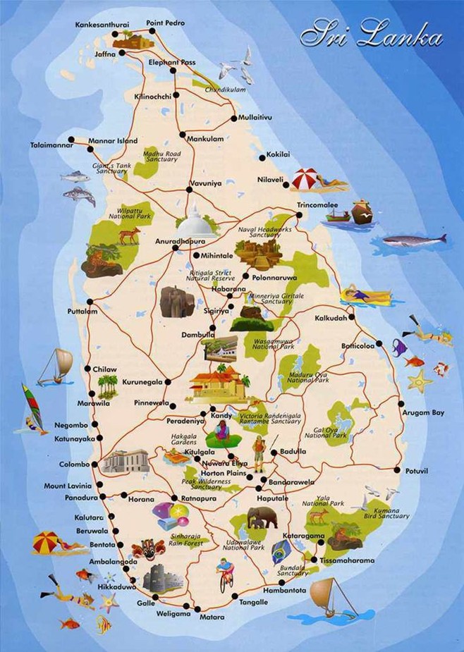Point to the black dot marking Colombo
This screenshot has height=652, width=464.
95,465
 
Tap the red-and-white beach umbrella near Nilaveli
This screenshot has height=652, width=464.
308,179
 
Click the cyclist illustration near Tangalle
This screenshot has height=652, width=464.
225,574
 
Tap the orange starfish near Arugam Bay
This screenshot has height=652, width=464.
420,381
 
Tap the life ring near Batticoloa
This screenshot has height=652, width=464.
441,368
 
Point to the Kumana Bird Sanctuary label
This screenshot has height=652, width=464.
385,513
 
